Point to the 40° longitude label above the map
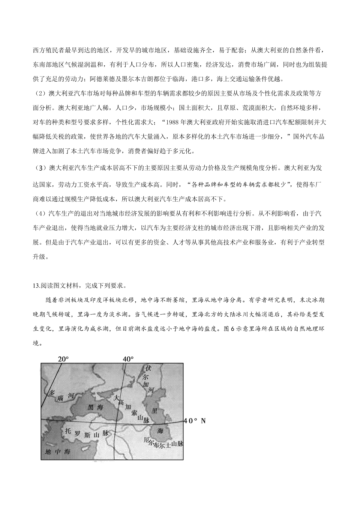128,359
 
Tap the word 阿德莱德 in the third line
100,79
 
